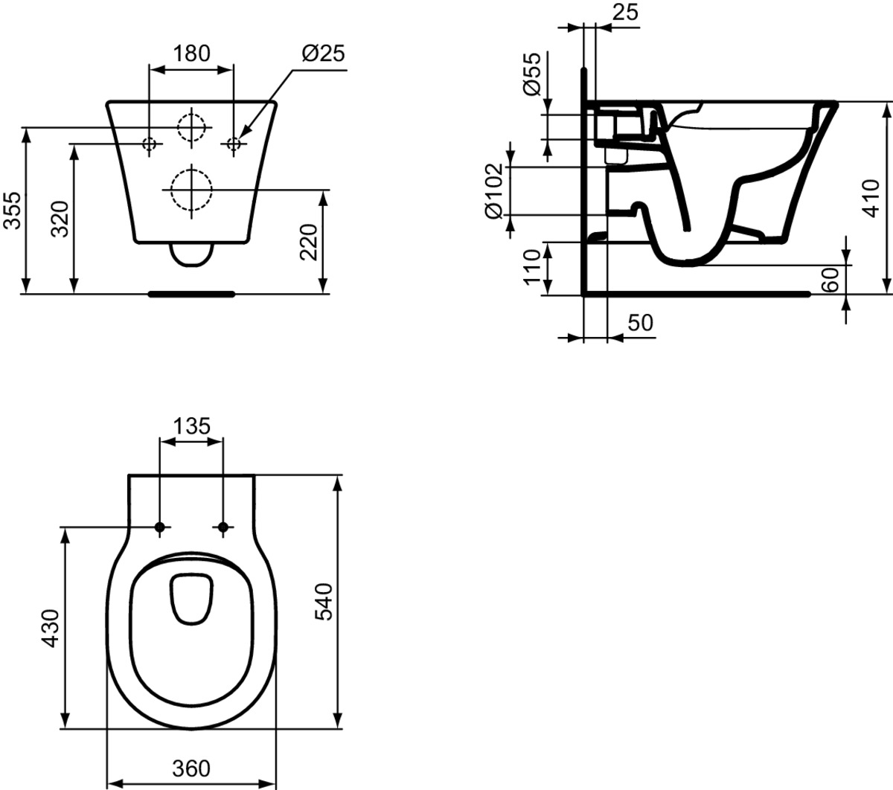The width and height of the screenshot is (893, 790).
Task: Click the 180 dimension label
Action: point(191,54)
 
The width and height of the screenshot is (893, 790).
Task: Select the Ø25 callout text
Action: point(324,54)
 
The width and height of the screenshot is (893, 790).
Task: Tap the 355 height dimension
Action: point(12,211)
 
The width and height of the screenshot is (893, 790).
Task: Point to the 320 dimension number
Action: point(60,219)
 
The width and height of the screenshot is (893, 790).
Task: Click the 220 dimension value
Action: point(308,243)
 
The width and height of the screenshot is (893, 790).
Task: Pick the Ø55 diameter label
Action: point(531,74)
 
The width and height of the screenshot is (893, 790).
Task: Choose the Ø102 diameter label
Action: point(493,191)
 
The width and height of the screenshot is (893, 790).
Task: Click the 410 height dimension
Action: point(871,199)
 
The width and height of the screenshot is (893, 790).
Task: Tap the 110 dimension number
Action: point(531,268)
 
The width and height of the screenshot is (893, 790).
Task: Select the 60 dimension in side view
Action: point(830,280)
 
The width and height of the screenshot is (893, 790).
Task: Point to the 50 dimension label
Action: point(640,323)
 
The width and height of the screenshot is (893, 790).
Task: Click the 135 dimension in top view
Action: point(192,426)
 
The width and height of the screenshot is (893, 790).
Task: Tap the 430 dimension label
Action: point(51,628)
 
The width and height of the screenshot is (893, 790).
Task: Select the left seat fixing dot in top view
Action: point(160,527)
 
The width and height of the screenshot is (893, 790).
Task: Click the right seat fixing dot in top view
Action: point(223,527)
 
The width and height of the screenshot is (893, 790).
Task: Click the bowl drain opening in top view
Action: point(170,600)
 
